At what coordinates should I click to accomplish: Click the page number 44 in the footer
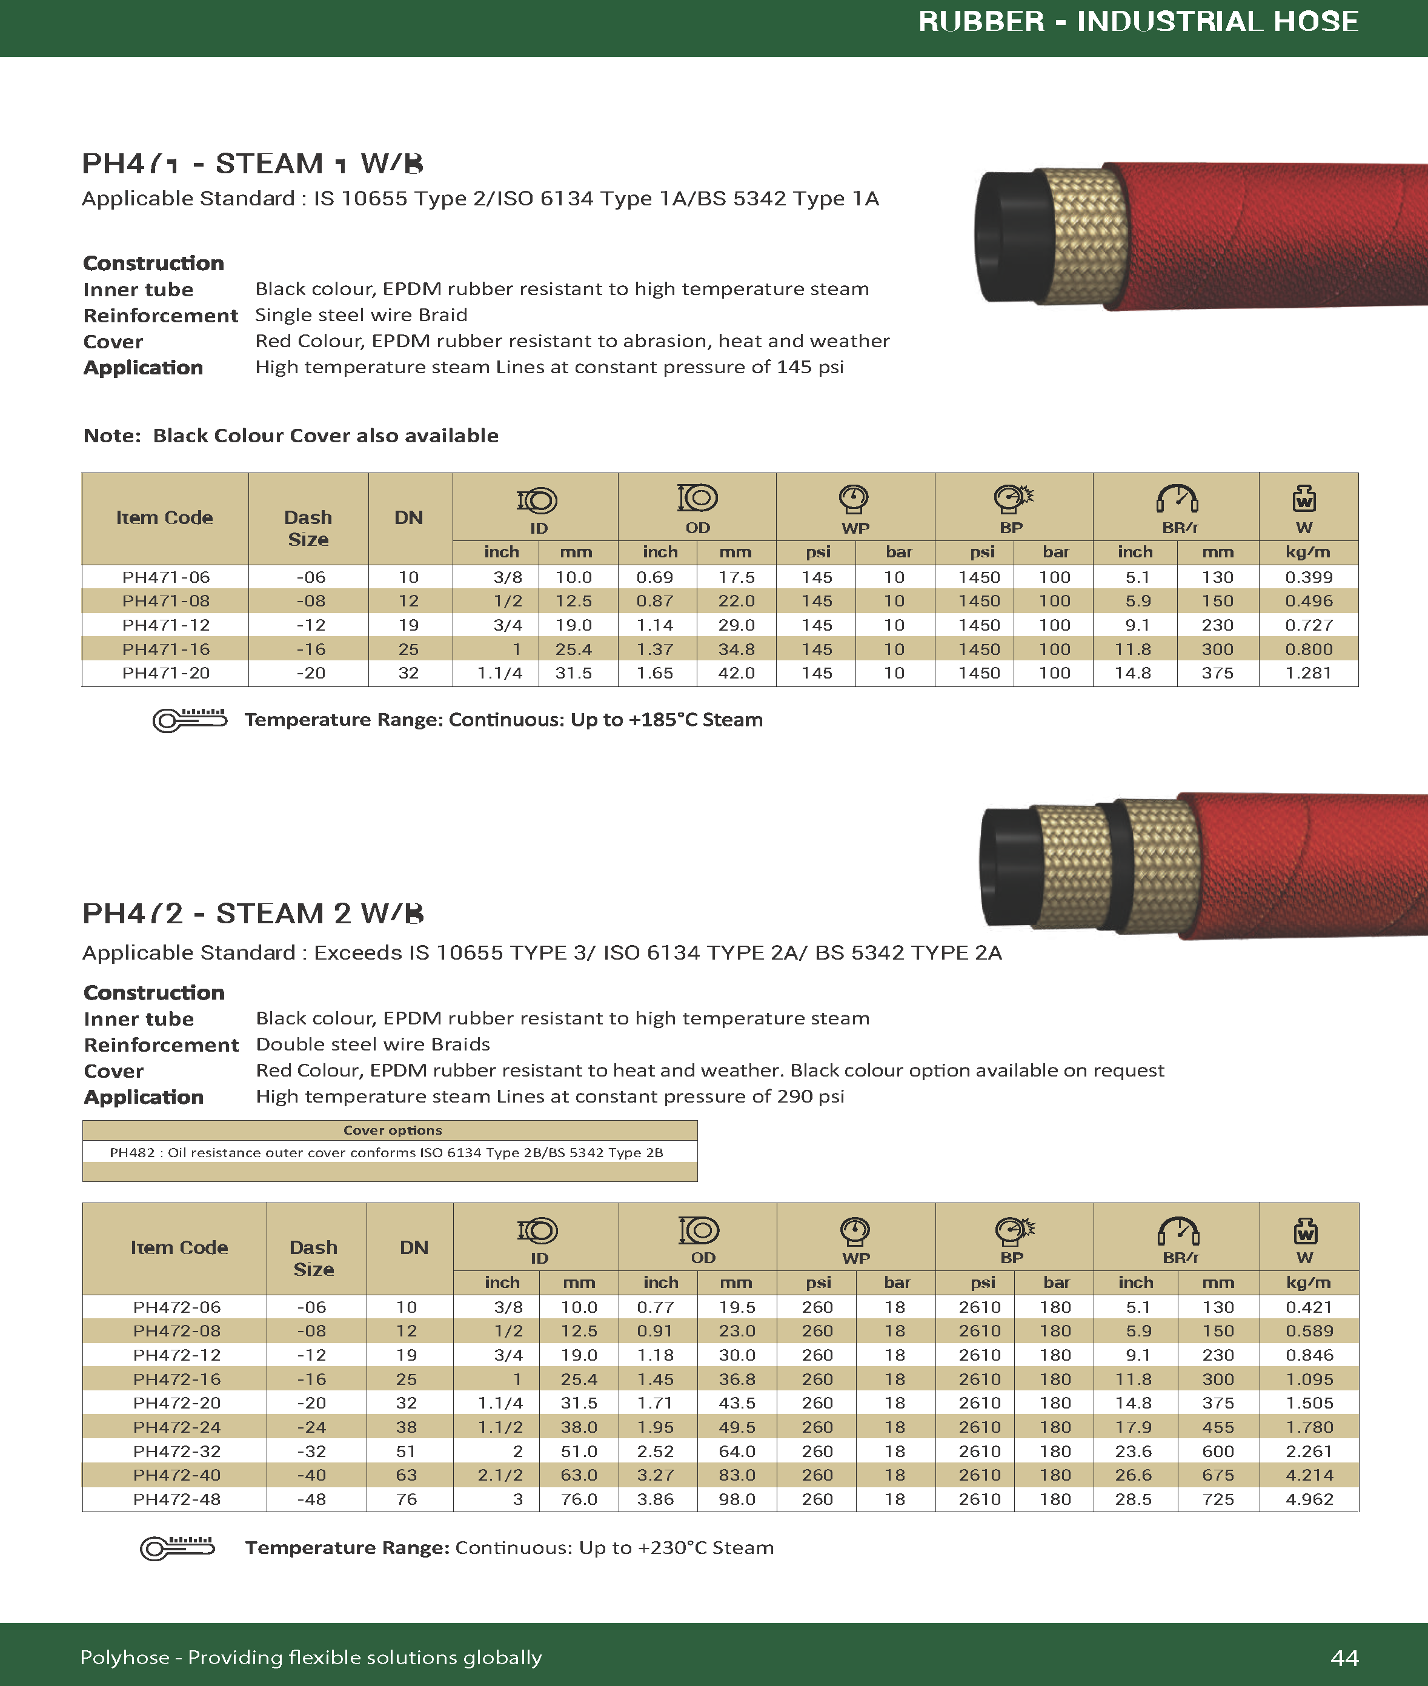1344,1658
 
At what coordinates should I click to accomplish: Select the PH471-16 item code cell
166,649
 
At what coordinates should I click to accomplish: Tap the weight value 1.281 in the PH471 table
1308,672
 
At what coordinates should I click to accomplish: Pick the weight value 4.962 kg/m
1309,1499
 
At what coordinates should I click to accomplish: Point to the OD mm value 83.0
737,1475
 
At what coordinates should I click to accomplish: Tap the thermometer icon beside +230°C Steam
178,1548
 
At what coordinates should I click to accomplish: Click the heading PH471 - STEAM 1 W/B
253,164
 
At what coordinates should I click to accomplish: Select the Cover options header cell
392,1130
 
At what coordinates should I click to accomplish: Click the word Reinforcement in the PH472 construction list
161,1045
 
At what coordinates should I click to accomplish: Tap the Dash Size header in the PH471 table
308,528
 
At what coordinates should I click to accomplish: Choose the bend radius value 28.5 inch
1134,1499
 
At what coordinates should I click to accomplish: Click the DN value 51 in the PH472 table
407,1452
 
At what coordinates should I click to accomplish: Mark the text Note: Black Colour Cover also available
291,436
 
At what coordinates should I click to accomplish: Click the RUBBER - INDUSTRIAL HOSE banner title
1137,21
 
